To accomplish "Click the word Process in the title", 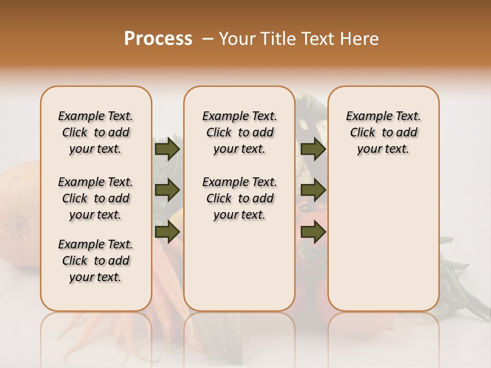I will coord(158,39).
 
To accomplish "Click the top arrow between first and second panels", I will coord(167,149).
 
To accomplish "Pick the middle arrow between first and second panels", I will coord(167,191).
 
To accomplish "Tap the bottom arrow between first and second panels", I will coord(167,232).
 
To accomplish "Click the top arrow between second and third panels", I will coord(313,149).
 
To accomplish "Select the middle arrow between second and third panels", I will coord(313,191).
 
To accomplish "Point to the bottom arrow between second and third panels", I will coord(313,232).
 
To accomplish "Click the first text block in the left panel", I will coord(96,132).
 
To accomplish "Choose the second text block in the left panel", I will coord(96,198).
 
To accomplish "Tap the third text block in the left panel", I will coord(96,261).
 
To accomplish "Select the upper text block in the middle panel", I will coord(240,132).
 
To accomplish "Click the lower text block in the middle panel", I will coord(240,198).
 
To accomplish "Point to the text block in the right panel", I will coord(384,132).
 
